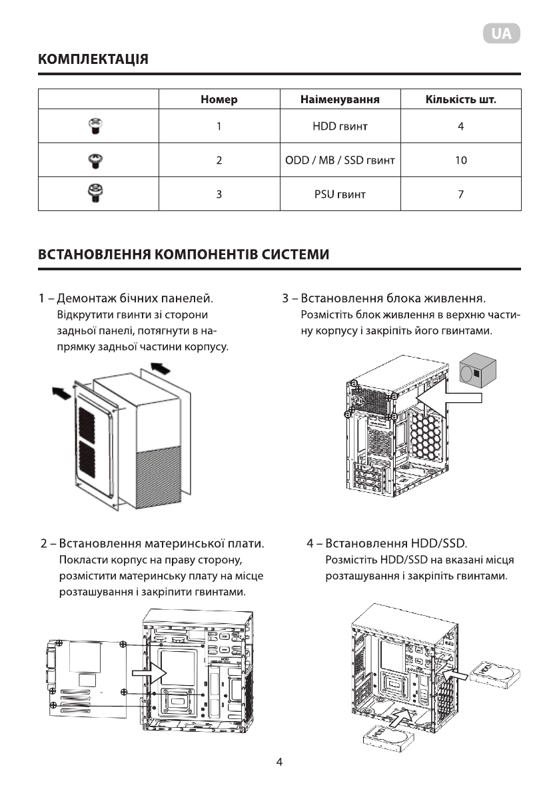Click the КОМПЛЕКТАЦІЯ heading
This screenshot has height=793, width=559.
[x=93, y=59]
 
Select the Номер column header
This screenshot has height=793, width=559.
[x=219, y=100]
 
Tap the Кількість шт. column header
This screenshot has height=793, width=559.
[x=460, y=100]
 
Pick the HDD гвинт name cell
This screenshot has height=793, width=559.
[x=339, y=126]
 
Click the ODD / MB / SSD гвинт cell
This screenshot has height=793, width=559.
[x=339, y=160]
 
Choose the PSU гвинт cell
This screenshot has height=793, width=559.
[x=339, y=194]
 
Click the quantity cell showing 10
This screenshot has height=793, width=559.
[x=460, y=160]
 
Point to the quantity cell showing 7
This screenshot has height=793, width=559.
[x=460, y=194]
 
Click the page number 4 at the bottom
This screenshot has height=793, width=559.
[x=280, y=762]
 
